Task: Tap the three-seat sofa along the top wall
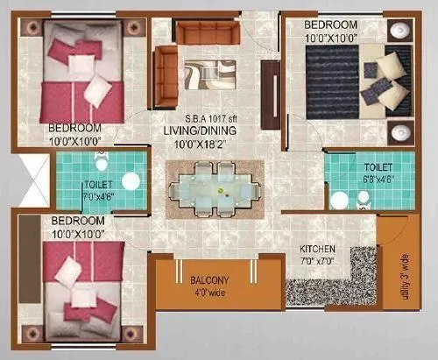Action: click(208, 32)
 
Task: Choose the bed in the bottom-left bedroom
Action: click(84, 279)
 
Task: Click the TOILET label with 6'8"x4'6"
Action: click(366, 169)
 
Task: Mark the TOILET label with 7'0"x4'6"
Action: click(97, 191)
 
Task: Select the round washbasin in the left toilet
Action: click(131, 180)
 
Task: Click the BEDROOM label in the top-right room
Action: click(330, 23)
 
